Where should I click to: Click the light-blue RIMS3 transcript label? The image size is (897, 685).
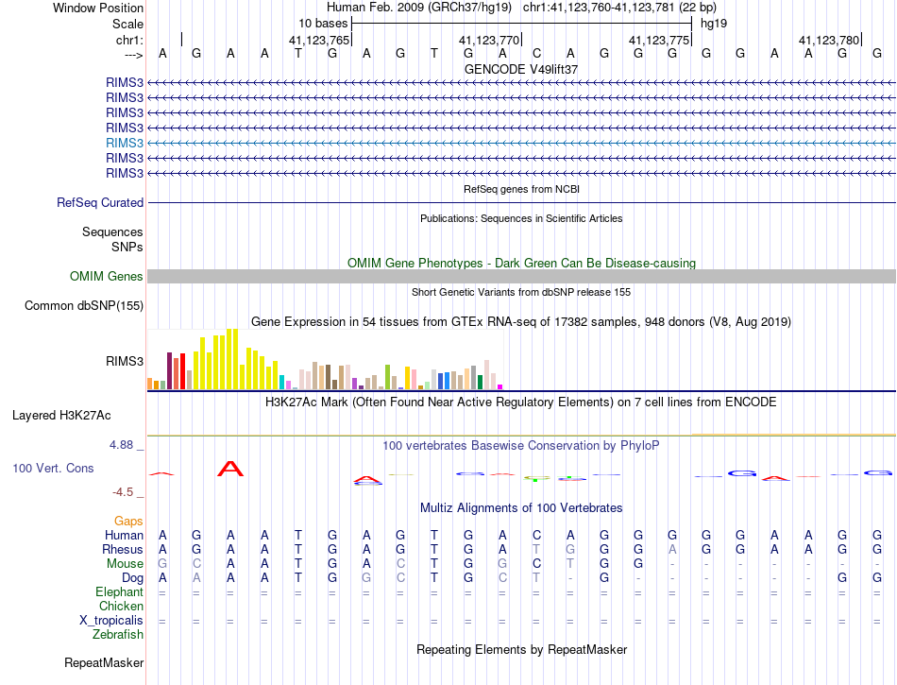click(125, 143)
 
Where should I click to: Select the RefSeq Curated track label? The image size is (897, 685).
click(100, 202)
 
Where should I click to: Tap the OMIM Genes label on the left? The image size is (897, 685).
click(107, 276)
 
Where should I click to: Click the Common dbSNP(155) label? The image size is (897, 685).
click(84, 305)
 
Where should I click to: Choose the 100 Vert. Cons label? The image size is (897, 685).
click(53, 468)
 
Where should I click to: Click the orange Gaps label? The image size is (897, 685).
click(128, 521)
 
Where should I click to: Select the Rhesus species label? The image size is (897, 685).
click(123, 549)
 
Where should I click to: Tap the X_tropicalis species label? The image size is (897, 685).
click(111, 620)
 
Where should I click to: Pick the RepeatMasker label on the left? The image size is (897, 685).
click(104, 663)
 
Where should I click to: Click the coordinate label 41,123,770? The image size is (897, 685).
click(489, 40)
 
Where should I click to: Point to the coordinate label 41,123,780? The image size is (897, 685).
click(829, 40)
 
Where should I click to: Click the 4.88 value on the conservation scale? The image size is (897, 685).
click(124, 444)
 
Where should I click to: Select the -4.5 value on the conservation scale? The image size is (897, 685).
click(125, 491)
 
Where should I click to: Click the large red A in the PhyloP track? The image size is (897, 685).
click(230, 468)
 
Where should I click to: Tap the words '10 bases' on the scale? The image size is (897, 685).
click(322, 22)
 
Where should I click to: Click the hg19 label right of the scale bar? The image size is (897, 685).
click(713, 22)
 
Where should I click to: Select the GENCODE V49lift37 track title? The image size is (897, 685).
click(521, 69)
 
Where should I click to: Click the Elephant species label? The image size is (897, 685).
click(120, 591)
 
